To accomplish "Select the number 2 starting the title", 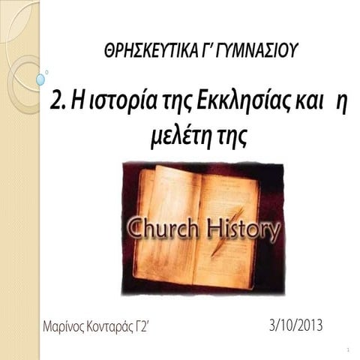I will coord(57,102).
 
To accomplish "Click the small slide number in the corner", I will coord(349,349).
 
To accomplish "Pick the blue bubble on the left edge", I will coord(40,79).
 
